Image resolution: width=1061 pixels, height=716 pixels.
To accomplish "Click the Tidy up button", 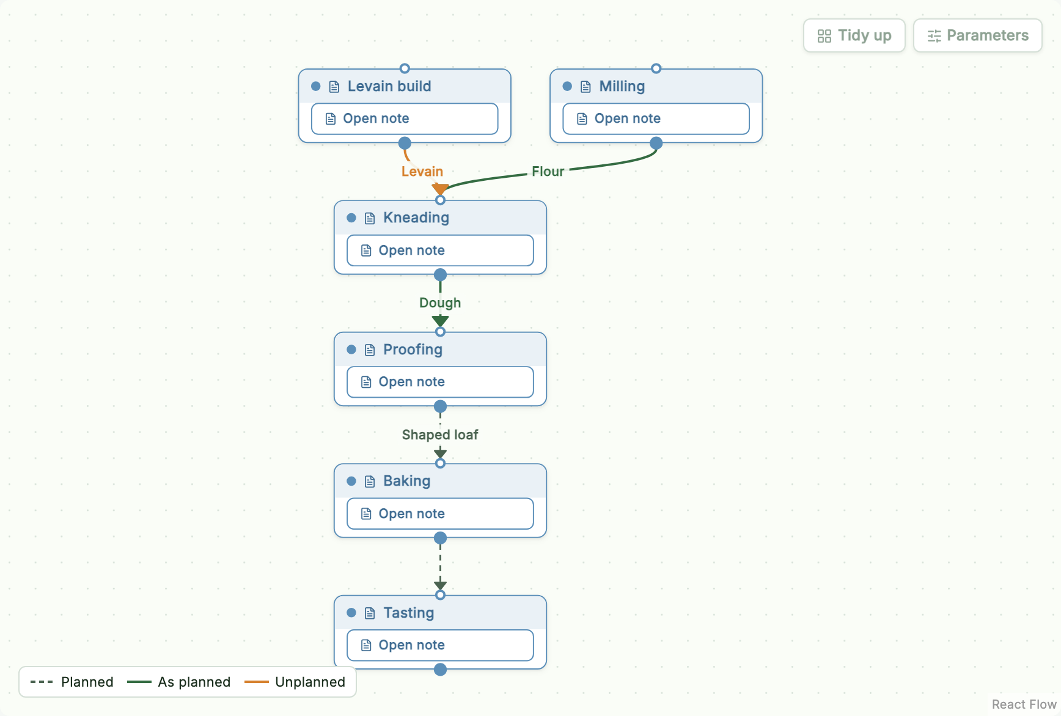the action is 854,35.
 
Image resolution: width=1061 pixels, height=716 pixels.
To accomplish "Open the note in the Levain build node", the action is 405,119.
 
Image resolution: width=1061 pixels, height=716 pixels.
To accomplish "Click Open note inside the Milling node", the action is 656,119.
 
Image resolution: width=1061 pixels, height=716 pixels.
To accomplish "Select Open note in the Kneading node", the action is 440,250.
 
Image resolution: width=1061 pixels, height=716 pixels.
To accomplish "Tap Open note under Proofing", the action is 440,382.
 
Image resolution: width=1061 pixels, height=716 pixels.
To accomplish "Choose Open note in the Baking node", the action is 440,514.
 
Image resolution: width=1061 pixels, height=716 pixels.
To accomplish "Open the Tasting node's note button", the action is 440,645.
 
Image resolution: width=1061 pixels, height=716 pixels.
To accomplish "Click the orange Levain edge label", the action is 422,172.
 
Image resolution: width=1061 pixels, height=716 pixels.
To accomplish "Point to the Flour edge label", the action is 548,172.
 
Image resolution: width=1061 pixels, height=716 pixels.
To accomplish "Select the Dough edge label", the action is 440,303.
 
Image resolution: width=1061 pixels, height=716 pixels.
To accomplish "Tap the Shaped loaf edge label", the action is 440,435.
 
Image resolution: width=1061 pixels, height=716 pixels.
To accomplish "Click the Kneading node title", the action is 416,218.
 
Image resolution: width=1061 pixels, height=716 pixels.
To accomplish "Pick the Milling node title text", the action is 622,86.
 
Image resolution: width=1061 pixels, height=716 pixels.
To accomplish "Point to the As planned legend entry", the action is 178,682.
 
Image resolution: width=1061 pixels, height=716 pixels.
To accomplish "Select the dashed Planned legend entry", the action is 72,682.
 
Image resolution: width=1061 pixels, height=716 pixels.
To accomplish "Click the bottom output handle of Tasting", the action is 440,670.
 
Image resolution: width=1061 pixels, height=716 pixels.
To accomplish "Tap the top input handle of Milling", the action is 656,68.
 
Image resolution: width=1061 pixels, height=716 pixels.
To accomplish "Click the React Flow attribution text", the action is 1024,704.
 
